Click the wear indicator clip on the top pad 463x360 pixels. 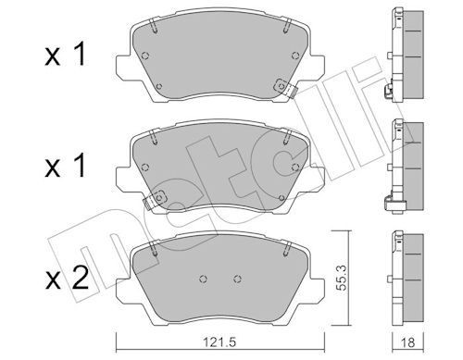click(x=283, y=91)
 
